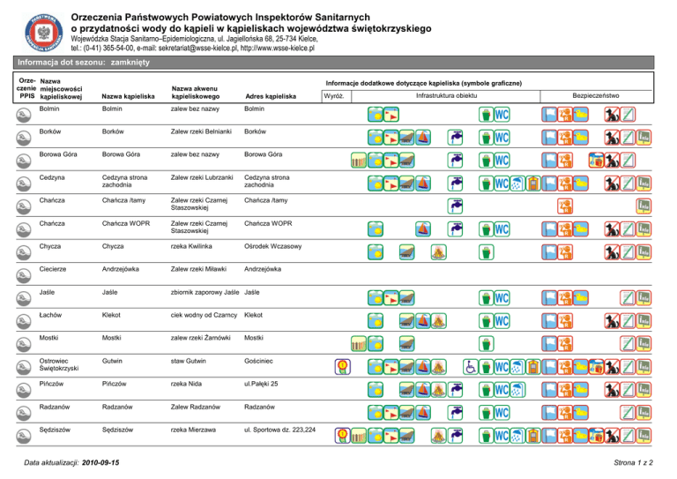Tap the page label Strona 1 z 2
click(642, 463)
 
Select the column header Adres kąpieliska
click(271, 96)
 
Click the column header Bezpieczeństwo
click(596, 95)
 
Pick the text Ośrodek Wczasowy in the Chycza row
click(274, 246)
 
